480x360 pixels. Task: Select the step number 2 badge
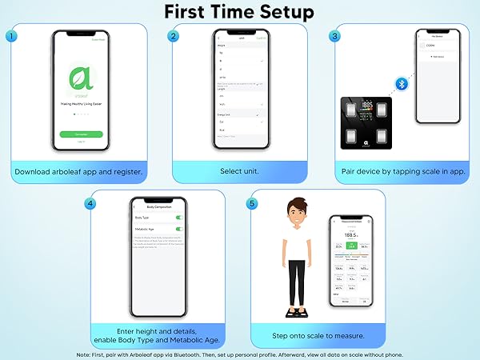pyautogui.click(x=174, y=36)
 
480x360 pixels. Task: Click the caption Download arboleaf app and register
pyautogui.click(x=78, y=171)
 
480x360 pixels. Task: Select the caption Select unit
pyautogui.click(x=240, y=171)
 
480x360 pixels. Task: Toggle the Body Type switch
pyautogui.click(x=178, y=218)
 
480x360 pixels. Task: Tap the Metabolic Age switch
pyautogui.click(x=178, y=229)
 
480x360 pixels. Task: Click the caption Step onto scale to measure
pyautogui.click(x=318, y=335)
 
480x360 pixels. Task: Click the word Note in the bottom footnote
pyautogui.click(x=84, y=353)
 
